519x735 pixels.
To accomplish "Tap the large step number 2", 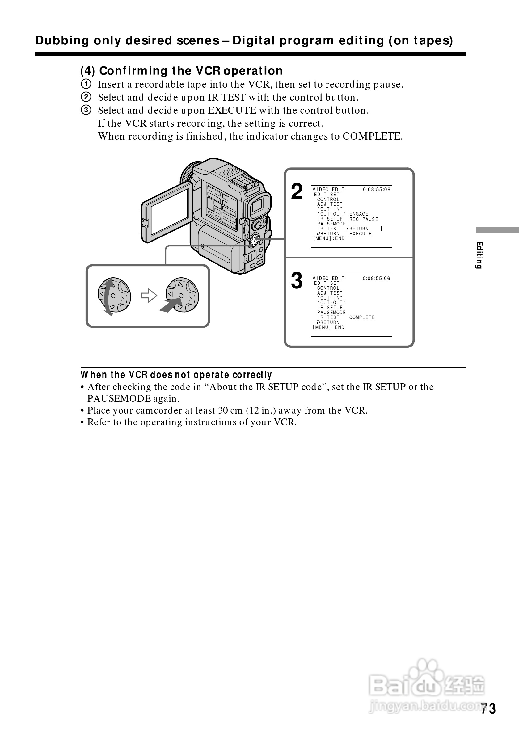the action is point(297,192).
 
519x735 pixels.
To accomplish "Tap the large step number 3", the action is point(297,280).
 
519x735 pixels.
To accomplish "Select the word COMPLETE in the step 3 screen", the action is point(362,317).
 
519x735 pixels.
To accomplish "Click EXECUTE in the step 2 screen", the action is point(361,234).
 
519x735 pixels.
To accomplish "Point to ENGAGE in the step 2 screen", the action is point(359,214).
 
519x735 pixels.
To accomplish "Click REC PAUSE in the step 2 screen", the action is point(364,219).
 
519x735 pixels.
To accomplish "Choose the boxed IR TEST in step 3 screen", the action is point(331,317).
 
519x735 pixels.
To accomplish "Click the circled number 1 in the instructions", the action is point(86,84).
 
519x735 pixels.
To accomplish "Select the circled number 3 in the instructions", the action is point(86,110).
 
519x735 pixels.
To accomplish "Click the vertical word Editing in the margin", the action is point(479,255).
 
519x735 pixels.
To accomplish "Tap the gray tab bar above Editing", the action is point(497,230).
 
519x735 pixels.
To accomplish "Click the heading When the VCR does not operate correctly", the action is point(176,375).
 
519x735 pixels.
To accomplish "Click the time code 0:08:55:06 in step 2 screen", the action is point(377,190).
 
